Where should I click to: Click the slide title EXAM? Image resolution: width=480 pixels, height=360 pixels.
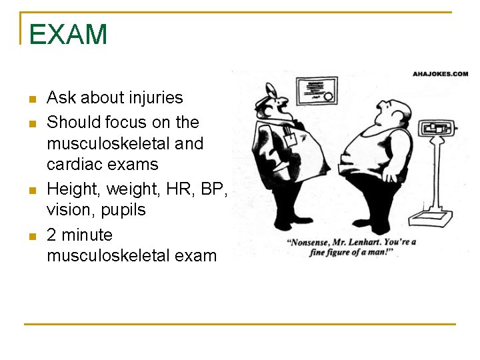[68, 35]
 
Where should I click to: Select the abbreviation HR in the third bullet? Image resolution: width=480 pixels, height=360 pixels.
[180, 189]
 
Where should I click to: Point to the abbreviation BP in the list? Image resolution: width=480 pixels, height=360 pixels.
[212, 189]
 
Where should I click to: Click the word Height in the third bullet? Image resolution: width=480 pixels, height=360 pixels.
[67, 189]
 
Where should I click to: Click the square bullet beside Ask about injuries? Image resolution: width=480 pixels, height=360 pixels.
[31, 100]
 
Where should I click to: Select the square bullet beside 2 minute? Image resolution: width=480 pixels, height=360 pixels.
[31, 237]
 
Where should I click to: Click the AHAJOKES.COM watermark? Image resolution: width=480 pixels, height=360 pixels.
[440, 74]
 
